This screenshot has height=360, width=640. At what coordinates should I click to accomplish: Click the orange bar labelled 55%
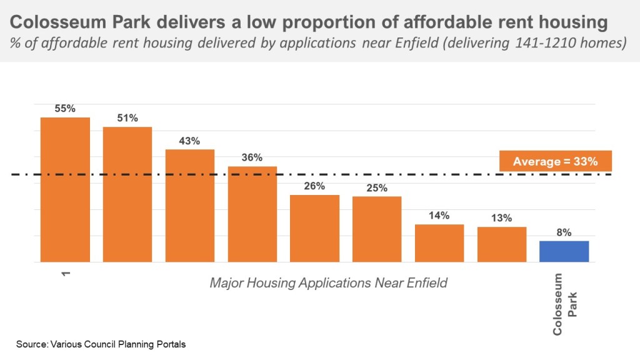(65, 189)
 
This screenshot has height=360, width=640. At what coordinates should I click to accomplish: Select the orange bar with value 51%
(127, 194)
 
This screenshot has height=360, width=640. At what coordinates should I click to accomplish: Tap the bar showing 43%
(190, 206)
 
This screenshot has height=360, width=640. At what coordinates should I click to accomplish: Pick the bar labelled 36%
(252, 214)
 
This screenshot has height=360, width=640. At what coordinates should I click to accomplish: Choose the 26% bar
(315, 228)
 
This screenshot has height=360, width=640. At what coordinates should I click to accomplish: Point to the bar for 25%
(377, 229)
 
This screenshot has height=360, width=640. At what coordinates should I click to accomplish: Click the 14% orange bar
(439, 242)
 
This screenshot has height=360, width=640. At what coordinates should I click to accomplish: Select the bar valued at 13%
(502, 244)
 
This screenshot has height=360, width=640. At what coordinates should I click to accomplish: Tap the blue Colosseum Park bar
(564, 251)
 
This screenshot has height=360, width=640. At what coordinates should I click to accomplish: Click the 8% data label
(564, 232)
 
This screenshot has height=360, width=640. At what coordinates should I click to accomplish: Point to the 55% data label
(65, 108)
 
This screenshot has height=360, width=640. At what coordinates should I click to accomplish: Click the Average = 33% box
(555, 161)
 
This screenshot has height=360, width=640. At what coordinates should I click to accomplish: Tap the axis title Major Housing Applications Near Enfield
(328, 282)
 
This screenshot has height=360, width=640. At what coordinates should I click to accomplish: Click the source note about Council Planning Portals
(101, 344)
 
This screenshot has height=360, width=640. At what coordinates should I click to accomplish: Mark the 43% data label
(189, 141)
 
